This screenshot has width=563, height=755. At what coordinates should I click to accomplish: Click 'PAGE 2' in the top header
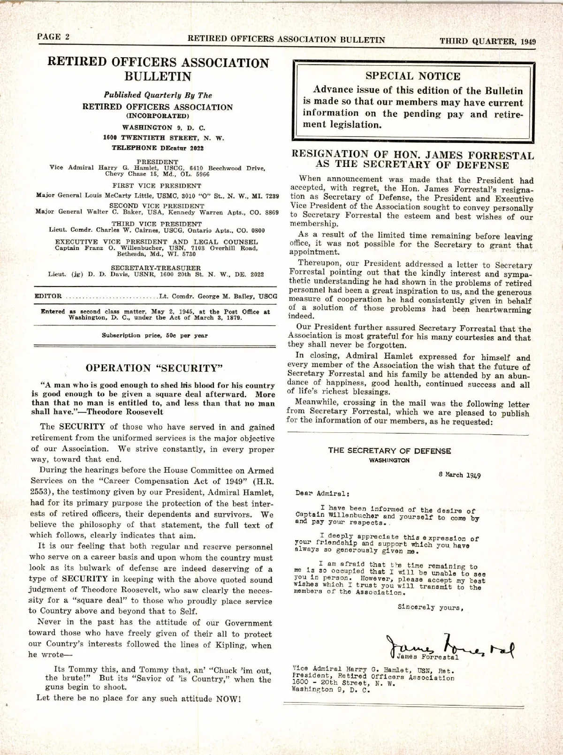click(x=53, y=38)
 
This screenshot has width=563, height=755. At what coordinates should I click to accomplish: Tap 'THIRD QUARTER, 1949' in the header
click(x=487, y=41)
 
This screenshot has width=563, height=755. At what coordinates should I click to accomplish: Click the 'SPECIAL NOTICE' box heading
click(x=413, y=76)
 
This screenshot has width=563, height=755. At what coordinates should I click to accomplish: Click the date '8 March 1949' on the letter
click(x=459, y=474)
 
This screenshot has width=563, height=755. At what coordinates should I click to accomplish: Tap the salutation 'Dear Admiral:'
click(x=322, y=493)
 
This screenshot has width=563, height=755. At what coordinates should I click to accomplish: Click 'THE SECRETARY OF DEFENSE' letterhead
click(x=389, y=451)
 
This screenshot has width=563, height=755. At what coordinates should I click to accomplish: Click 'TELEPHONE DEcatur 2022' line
click(x=158, y=148)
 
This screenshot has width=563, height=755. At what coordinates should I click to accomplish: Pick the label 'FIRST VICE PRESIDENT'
click(x=157, y=186)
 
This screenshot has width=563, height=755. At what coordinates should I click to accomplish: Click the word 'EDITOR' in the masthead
click(x=48, y=296)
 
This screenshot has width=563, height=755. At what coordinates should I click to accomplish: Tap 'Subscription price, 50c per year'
click(x=154, y=335)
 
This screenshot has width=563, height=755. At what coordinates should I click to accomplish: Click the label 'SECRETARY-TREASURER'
click(x=156, y=268)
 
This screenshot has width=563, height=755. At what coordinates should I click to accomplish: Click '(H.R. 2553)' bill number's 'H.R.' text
click(x=263, y=481)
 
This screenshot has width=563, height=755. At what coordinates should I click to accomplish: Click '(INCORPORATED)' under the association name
click(x=158, y=115)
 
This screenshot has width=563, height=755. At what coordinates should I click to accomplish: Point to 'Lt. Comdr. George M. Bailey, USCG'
click(x=218, y=296)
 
